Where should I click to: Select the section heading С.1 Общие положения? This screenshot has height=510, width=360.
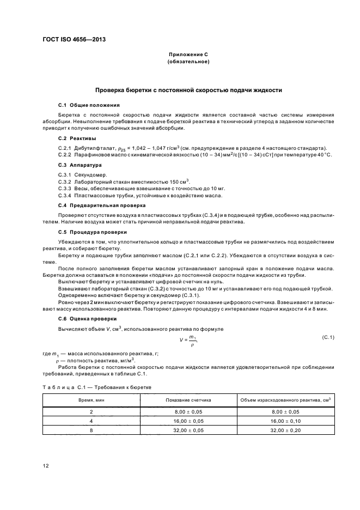click(x=89, y=105)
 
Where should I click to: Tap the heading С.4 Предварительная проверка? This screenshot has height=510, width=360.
click(x=102, y=205)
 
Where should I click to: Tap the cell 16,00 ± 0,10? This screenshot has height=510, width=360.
click(x=286, y=421)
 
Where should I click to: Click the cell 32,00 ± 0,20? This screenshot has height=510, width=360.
click(x=286, y=430)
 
